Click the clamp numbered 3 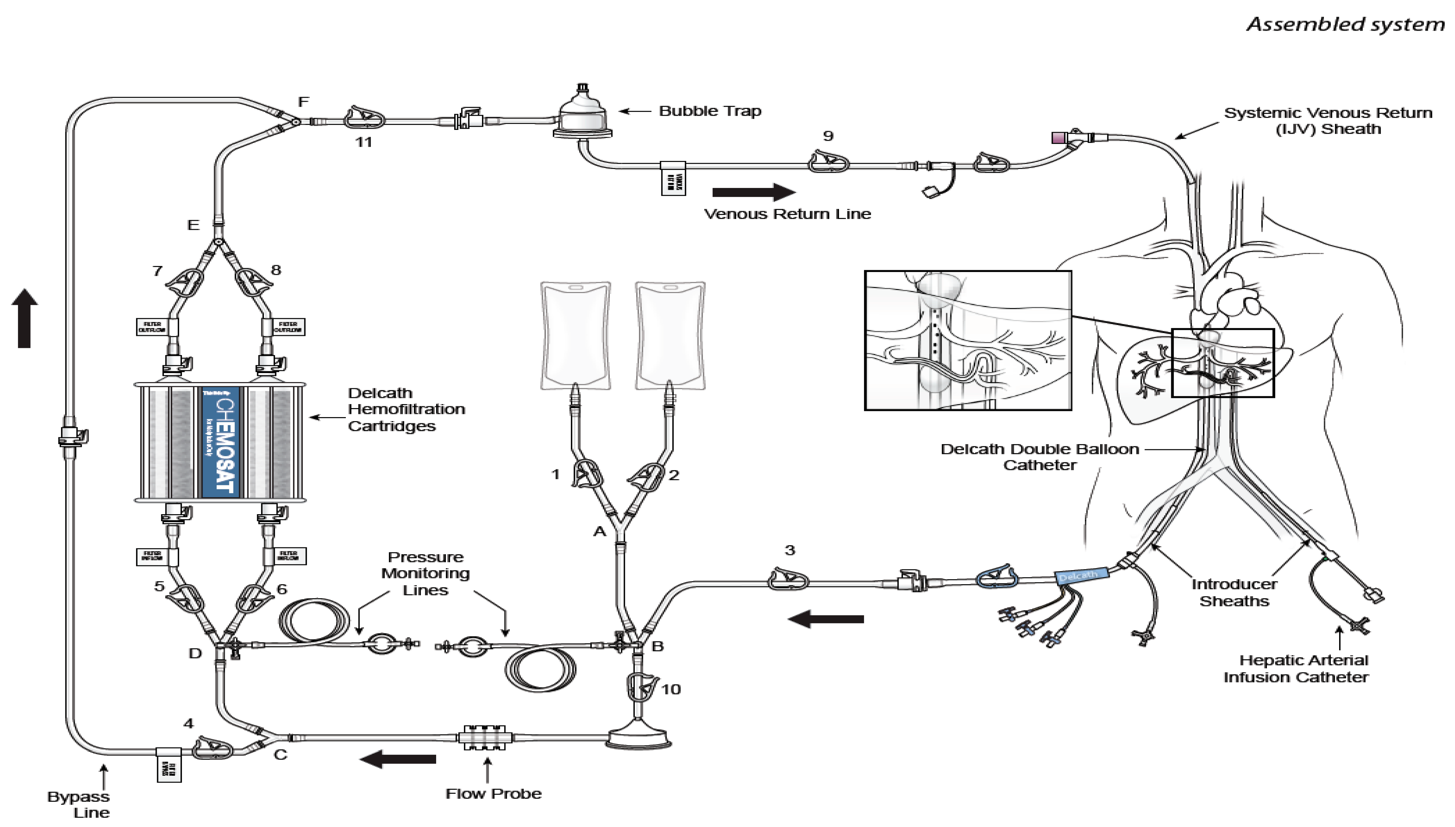[x=788, y=579]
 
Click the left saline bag [x=575, y=335]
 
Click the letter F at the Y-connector [x=304, y=102]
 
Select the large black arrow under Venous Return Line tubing [x=753, y=193]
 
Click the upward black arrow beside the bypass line [x=25, y=318]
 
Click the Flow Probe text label [x=493, y=793]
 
